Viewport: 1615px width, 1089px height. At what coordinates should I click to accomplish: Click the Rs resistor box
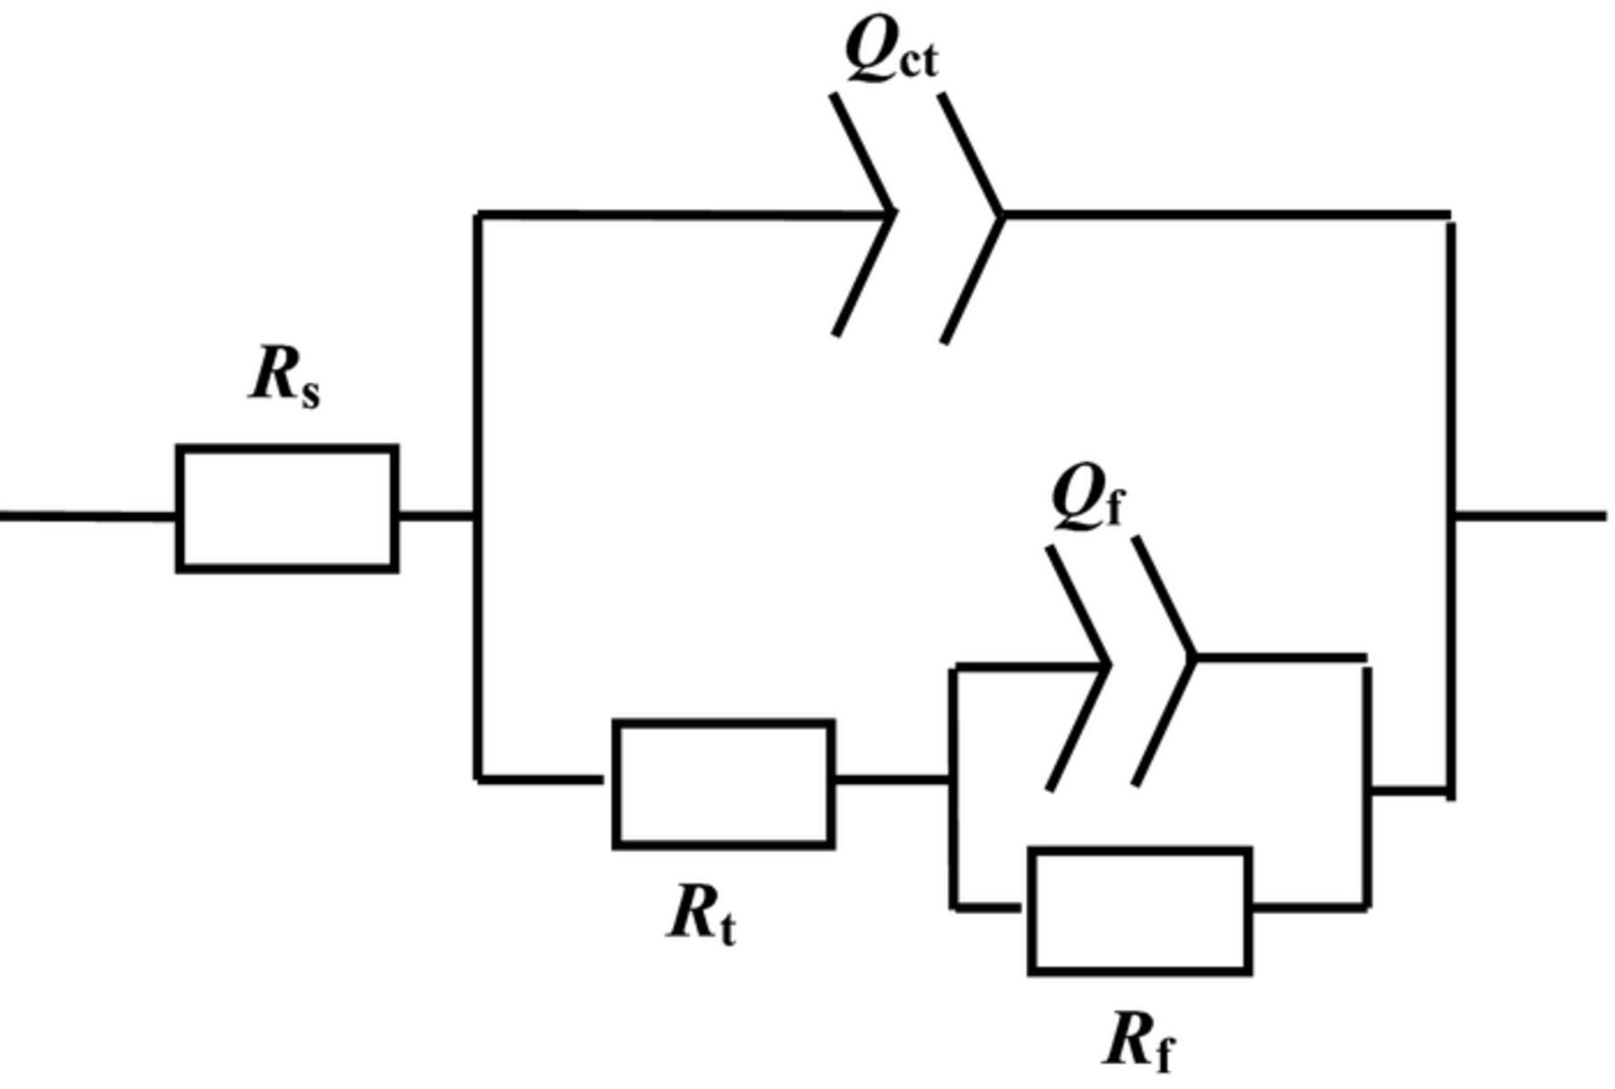(x=287, y=508)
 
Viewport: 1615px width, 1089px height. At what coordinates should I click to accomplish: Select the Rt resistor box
(x=724, y=783)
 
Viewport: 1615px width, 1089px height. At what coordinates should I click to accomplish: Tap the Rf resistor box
(x=1139, y=910)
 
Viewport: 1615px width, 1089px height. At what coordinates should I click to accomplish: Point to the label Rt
(x=702, y=916)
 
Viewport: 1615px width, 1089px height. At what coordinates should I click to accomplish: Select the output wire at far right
(x=1530, y=516)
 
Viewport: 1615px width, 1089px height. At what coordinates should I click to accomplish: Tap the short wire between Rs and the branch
(x=436, y=516)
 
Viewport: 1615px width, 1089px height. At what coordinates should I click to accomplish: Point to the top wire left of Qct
(x=673, y=214)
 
